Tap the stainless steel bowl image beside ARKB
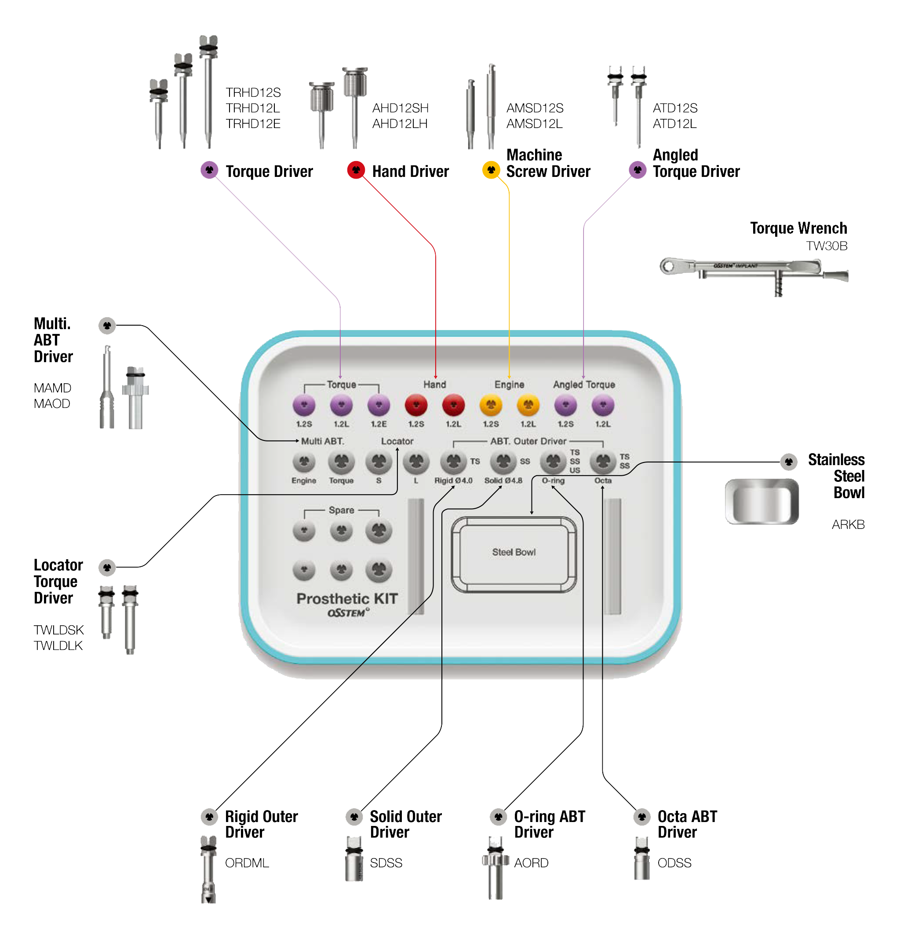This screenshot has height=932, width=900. tap(761, 502)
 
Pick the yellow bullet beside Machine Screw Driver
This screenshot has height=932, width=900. tap(491, 170)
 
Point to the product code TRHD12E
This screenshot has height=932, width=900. tap(253, 124)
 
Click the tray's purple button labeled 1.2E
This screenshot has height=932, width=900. tap(378, 406)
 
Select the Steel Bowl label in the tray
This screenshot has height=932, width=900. tap(513, 552)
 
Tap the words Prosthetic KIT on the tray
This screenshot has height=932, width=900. tap(347, 598)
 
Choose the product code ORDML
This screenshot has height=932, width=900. tap(247, 862)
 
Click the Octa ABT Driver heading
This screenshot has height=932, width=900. tap(687, 824)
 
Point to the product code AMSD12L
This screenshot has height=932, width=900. tap(534, 124)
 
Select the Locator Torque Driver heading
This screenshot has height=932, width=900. tap(58, 581)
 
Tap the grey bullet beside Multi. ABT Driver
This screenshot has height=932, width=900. tap(107, 326)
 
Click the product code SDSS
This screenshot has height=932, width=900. tap(386, 862)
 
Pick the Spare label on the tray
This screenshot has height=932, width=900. tap(341, 510)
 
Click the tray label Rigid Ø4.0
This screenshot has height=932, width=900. tap(453, 481)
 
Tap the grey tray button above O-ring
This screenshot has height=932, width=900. tap(553, 461)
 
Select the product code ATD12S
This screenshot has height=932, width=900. tap(675, 108)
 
